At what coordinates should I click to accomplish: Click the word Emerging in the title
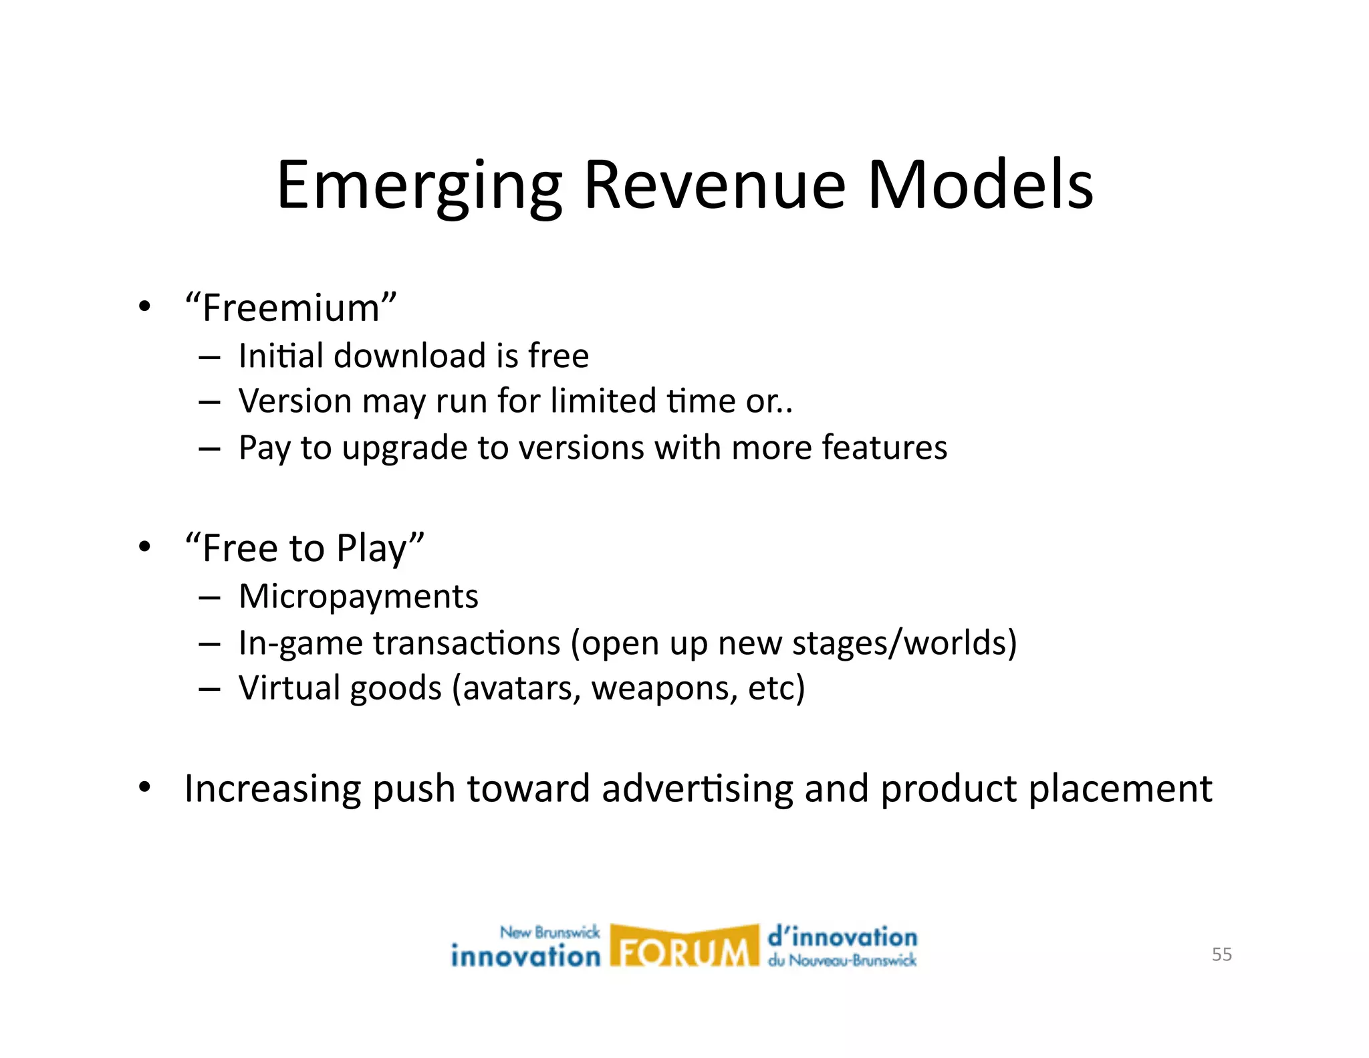[419, 186]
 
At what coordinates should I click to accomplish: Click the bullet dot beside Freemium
[144, 307]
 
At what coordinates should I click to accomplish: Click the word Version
[295, 401]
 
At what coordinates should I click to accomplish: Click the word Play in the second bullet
[372, 548]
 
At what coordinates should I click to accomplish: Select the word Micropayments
[358, 597]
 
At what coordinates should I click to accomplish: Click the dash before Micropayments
[209, 597]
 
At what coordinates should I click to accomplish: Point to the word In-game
[300, 643]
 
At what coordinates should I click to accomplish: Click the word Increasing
[272, 789]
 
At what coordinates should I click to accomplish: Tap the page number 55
[1221, 954]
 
